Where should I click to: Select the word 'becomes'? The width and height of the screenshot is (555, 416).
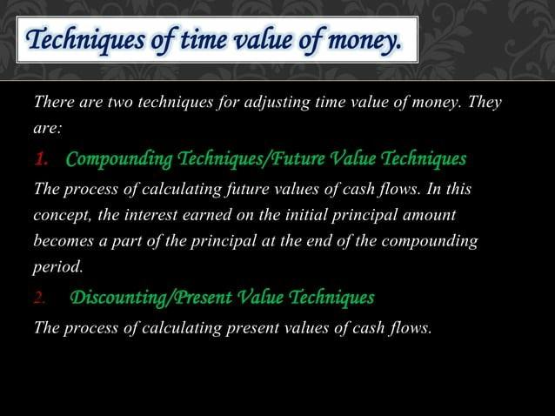pos(62,240)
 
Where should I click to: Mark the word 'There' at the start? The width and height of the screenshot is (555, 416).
pos(53,104)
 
